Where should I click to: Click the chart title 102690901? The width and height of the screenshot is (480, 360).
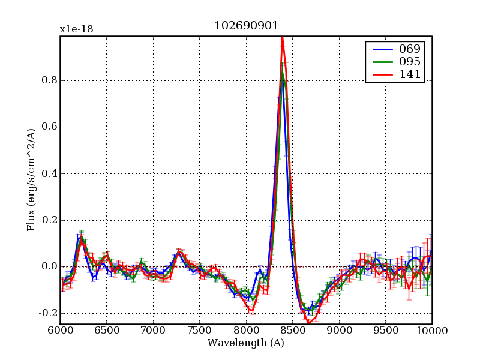(246, 26)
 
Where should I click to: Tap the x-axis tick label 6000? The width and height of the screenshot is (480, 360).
(60, 331)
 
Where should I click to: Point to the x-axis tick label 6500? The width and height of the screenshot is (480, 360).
(106, 331)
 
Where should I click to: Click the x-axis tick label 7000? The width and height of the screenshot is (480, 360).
(153, 331)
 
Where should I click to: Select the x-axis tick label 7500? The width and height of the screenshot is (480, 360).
(199, 331)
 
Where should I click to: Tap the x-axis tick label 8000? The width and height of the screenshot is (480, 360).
(246, 331)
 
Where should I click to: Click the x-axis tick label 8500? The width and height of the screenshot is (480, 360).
(292, 331)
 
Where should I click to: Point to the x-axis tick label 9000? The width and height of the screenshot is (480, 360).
(339, 331)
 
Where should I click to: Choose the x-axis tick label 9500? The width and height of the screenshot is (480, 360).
(385, 331)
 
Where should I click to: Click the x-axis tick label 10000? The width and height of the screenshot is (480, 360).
(431, 331)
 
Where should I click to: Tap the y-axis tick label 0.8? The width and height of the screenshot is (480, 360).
(48, 80)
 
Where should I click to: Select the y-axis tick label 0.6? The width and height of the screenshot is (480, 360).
(48, 127)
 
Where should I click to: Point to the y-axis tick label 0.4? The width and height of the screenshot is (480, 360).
(48, 174)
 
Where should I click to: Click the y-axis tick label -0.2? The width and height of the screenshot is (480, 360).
(46, 313)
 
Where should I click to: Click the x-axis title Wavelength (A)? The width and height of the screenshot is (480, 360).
(246, 343)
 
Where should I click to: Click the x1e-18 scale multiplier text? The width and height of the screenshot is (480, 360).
(76, 29)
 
